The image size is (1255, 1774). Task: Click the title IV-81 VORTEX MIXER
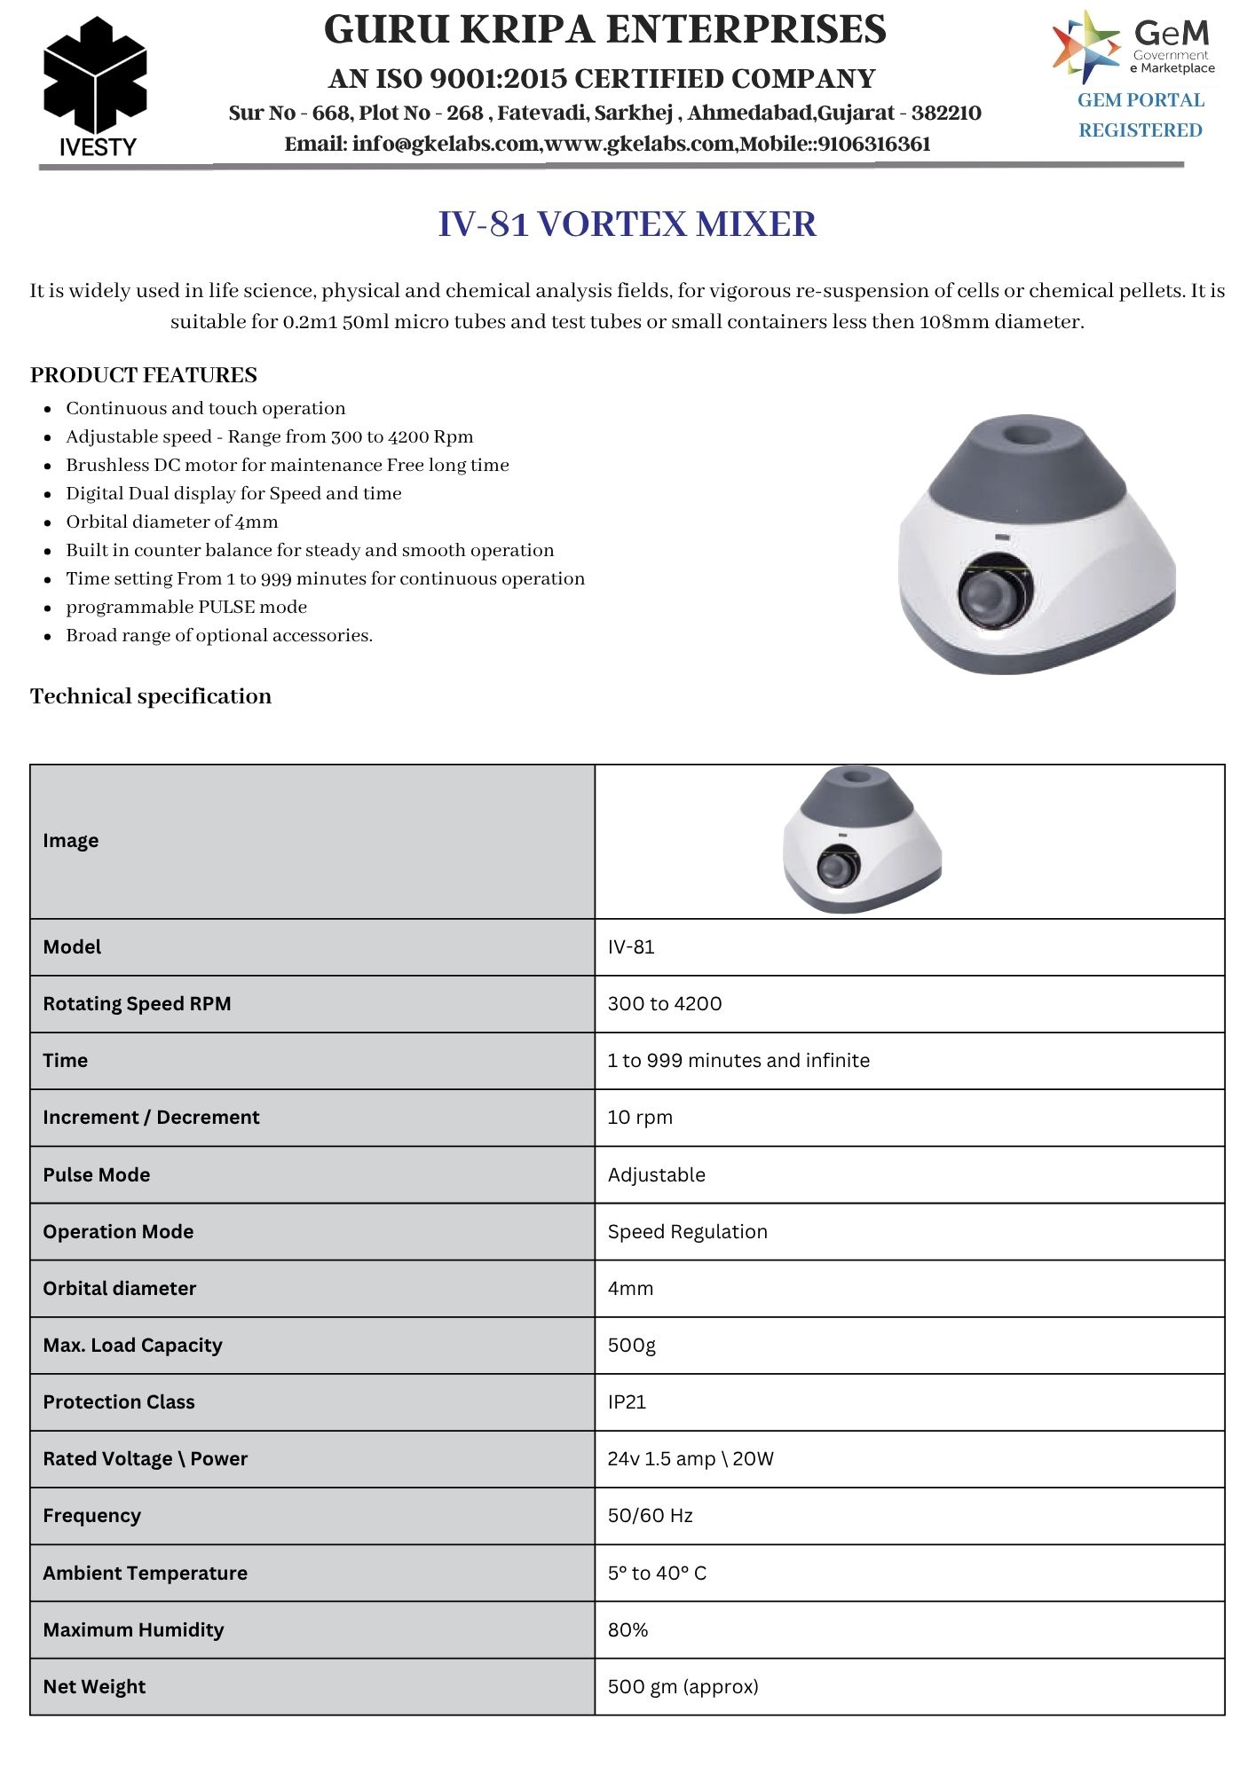tap(627, 224)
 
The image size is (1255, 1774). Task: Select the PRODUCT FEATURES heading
tap(144, 375)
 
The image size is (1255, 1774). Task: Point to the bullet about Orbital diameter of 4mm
tap(172, 522)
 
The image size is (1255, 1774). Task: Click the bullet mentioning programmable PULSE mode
tap(186, 607)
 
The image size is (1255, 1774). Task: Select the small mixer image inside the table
tap(861, 838)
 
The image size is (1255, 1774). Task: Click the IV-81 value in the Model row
tap(631, 947)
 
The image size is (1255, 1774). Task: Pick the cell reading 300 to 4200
tap(665, 1004)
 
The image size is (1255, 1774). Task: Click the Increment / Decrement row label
tap(151, 1118)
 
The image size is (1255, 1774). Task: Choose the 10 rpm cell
tap(640, 1118)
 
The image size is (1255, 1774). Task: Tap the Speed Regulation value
tap(687, 1232)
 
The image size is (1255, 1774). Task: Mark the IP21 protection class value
tap(627, 1402)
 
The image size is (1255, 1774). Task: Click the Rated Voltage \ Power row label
tap(145, 1459)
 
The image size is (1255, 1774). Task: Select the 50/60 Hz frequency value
tap(650, 1516)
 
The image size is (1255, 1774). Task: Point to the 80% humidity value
tap(627, 1630)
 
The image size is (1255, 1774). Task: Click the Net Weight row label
tap(94, 1687)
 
